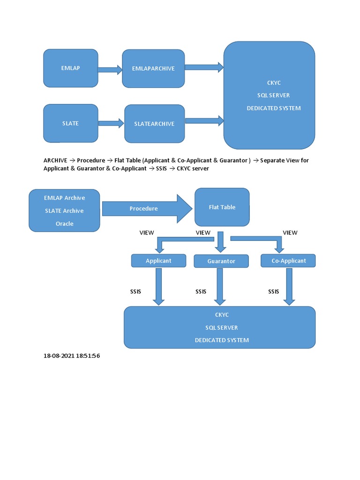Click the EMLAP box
click(71, 68)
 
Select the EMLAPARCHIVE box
click(153, 68)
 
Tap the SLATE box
click(71, 123)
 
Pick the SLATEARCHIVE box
click(154, 124)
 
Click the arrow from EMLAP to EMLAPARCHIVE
click(110, 69)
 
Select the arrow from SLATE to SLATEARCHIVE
click(111, 123)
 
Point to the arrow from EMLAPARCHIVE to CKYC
click(204, 67)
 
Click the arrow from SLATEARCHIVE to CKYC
click(204, 120)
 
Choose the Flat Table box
click(222, 207)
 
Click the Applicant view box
click(158, 261)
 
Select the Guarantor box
click(221, 261)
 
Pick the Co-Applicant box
click(288, 261)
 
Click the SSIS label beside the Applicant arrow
click(135, 292)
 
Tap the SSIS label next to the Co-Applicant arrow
click(274, 292)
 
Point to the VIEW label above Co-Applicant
click(290, 232)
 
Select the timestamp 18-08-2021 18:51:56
click(72, 356)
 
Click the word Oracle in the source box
click(65, 224)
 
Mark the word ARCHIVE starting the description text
click(55, 160)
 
